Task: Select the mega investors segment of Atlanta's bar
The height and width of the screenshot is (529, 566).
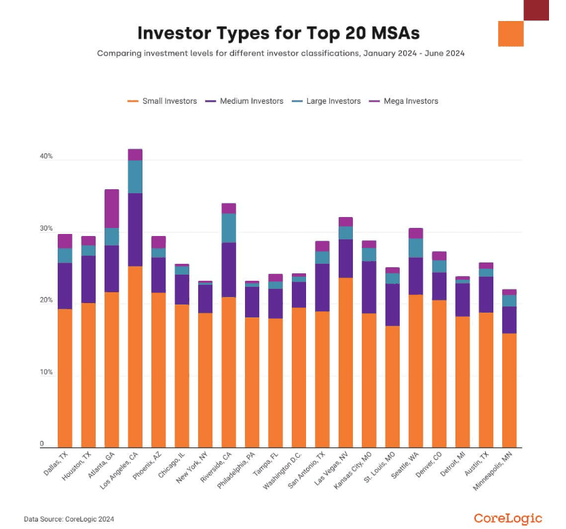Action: click(112, 208)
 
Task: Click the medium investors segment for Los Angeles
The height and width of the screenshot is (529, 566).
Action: click(135, 229)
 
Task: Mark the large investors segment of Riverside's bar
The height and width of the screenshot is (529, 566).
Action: click(229, 228)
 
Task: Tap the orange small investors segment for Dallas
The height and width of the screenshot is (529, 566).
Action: click(65, 376)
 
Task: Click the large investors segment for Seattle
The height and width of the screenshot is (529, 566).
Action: click(415, 248)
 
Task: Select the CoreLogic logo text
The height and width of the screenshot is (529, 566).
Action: click(508, 518)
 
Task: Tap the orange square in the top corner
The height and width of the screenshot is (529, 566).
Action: click(511, 33)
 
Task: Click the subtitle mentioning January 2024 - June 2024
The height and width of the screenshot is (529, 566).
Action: click(280, 53)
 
